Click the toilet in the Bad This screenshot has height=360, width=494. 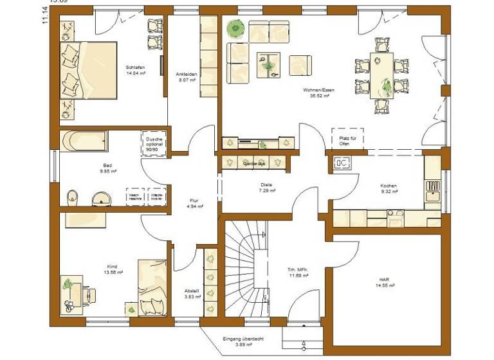coord(72,196)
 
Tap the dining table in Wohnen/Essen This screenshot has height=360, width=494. coord(382,75)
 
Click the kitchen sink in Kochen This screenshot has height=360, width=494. coord(342,163)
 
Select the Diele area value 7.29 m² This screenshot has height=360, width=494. coord(267,191)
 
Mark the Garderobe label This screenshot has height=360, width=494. coord(255,165)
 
